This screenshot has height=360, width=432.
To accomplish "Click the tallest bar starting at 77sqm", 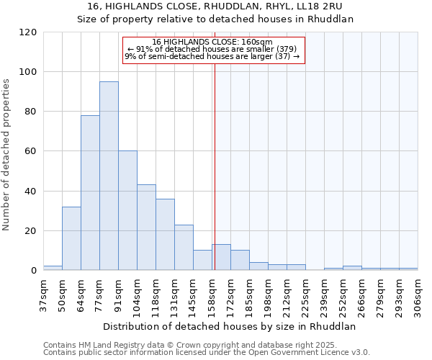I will pos(109,176).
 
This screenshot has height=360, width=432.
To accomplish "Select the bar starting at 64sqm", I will pos(90,193).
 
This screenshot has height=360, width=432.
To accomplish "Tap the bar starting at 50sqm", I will pos(71,238).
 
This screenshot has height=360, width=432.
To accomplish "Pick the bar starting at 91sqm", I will pos(127,210).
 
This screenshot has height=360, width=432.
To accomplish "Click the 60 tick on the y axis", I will pos(31,151).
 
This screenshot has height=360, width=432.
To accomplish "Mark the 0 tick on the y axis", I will pos(34,271).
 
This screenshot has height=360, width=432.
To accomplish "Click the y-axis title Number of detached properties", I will pos(7,151).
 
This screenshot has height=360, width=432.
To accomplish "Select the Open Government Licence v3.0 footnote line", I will pos(207,353).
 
